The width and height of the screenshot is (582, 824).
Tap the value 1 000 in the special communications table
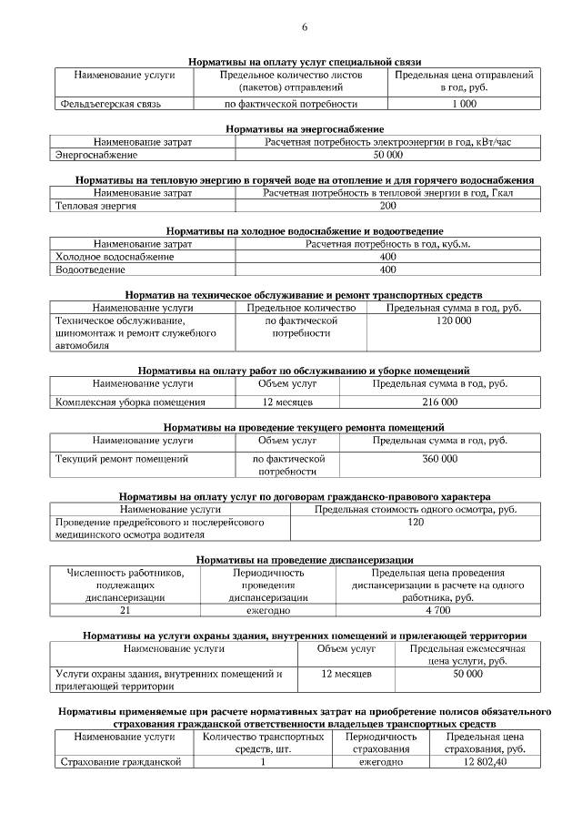464,105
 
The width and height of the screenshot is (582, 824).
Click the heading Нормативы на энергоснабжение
305,129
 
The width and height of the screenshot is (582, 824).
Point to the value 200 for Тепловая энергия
387,206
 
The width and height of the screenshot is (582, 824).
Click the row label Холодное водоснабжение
115,257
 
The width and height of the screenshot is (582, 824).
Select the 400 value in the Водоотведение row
387,270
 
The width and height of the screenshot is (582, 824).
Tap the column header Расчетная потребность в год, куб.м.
387,244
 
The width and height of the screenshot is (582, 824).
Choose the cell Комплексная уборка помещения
131,402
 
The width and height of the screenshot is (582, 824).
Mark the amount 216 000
440,402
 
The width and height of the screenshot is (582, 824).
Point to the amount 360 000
440,459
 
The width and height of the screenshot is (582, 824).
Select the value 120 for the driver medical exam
415,523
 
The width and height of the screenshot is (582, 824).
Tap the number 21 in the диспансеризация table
125,611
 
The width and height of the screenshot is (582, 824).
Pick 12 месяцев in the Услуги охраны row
346,674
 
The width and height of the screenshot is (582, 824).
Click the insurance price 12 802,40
484,762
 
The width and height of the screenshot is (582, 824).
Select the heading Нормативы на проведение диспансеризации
305,559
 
